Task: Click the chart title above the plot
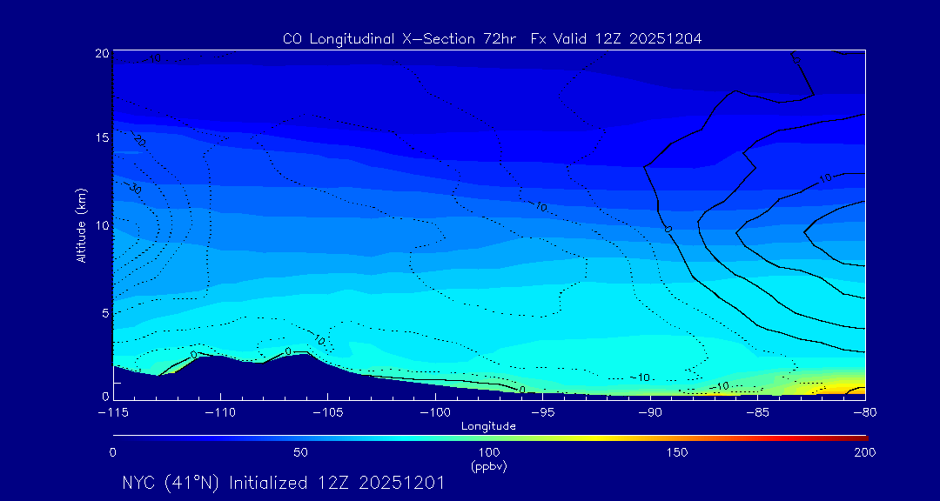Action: tap(492, 38)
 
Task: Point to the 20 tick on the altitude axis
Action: tap(102, 53)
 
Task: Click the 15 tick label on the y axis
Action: tap(102, 138)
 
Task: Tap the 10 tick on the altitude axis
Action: tap(102, 225)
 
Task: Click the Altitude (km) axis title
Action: tap(81, 225)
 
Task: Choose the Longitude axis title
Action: tap(488, 426)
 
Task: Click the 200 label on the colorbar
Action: tap(864, 453)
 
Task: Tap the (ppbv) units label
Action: tap(488, 466)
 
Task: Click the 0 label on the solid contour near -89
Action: tap(668, 229)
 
